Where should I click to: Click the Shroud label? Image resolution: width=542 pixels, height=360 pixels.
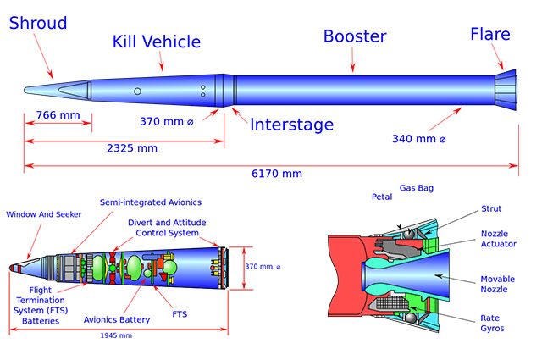pos(37,23)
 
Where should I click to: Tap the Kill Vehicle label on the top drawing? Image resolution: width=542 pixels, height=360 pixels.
pos(157,42)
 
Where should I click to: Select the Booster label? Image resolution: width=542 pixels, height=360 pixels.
pos(354,36)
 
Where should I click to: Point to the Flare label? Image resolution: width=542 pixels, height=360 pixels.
pos(490,34)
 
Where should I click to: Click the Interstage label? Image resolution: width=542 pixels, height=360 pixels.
pos(291,125)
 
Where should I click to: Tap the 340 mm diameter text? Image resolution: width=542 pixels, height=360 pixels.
pos(419,138)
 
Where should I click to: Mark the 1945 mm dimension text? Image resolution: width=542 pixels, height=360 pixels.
pos(116,335)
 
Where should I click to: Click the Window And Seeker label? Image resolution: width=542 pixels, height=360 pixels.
pos(44,214)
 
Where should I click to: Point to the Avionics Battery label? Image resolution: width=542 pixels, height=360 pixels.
pos(117,319)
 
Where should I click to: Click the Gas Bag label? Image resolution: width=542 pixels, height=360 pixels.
pos(416,187)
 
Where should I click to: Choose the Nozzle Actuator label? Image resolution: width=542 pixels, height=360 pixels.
pos(500,239)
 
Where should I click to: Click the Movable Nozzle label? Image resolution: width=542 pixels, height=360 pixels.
pos(498,284)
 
